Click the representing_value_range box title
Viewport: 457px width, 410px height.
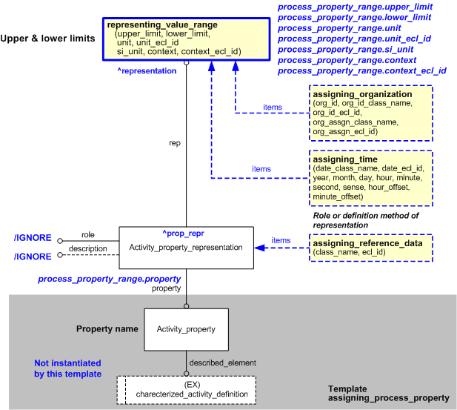(162, 24)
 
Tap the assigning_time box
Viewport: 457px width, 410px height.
(371, 179)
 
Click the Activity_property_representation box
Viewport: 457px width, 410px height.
(186, 248)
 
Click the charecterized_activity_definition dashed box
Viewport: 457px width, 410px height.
(186, 389)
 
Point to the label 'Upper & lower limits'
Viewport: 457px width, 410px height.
(47, 37)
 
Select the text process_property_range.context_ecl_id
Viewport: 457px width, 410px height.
(361, 70)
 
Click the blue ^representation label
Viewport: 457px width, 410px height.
(147, 71)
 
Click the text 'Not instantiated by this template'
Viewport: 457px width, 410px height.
(67, 369)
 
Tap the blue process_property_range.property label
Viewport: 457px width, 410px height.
(109, 279)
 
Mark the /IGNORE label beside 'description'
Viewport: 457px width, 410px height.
(33, 256)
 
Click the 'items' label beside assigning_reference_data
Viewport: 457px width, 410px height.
(281, 240)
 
